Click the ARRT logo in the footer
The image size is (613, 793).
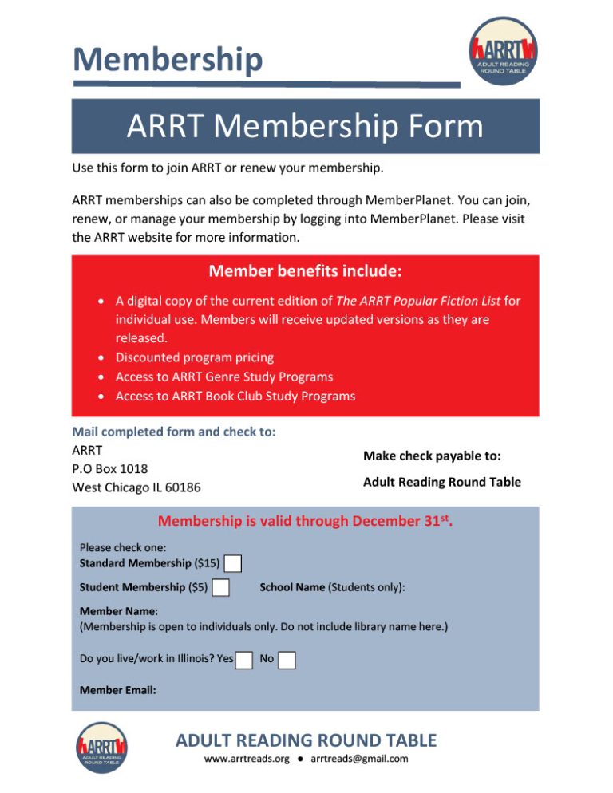coord(101,747)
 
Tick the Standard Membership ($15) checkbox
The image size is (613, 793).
coord(232,564)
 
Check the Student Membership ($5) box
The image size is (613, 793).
coord(221,588)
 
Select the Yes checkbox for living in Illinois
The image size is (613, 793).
coord(245,660)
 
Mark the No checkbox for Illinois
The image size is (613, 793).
coord(287,660)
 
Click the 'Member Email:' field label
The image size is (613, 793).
coord(118,690)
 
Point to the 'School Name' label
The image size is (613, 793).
coord(292,587)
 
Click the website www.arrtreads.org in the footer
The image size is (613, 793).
coord(247,759)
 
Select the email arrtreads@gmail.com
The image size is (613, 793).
coord(359,759)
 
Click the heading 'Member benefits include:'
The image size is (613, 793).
coord(305,271)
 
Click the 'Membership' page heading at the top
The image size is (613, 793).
coord(167,60)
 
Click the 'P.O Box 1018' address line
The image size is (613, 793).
coord(109,468)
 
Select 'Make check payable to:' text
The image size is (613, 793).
coord(432,456)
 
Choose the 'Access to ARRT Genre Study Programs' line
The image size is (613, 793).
coord(224,377)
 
